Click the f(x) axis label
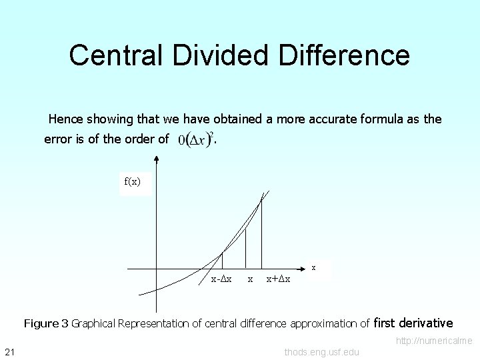[132, 182]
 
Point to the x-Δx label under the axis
[221, 279]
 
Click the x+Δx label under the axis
[278, 279]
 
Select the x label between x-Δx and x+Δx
[250, 279]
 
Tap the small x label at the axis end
[314, 267]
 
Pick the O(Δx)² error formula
[195, 139]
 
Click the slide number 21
[9, 352]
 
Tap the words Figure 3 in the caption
[46, 324]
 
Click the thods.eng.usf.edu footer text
[321, 352]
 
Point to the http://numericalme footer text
[434, 341]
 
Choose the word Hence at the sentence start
[65, 119]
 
